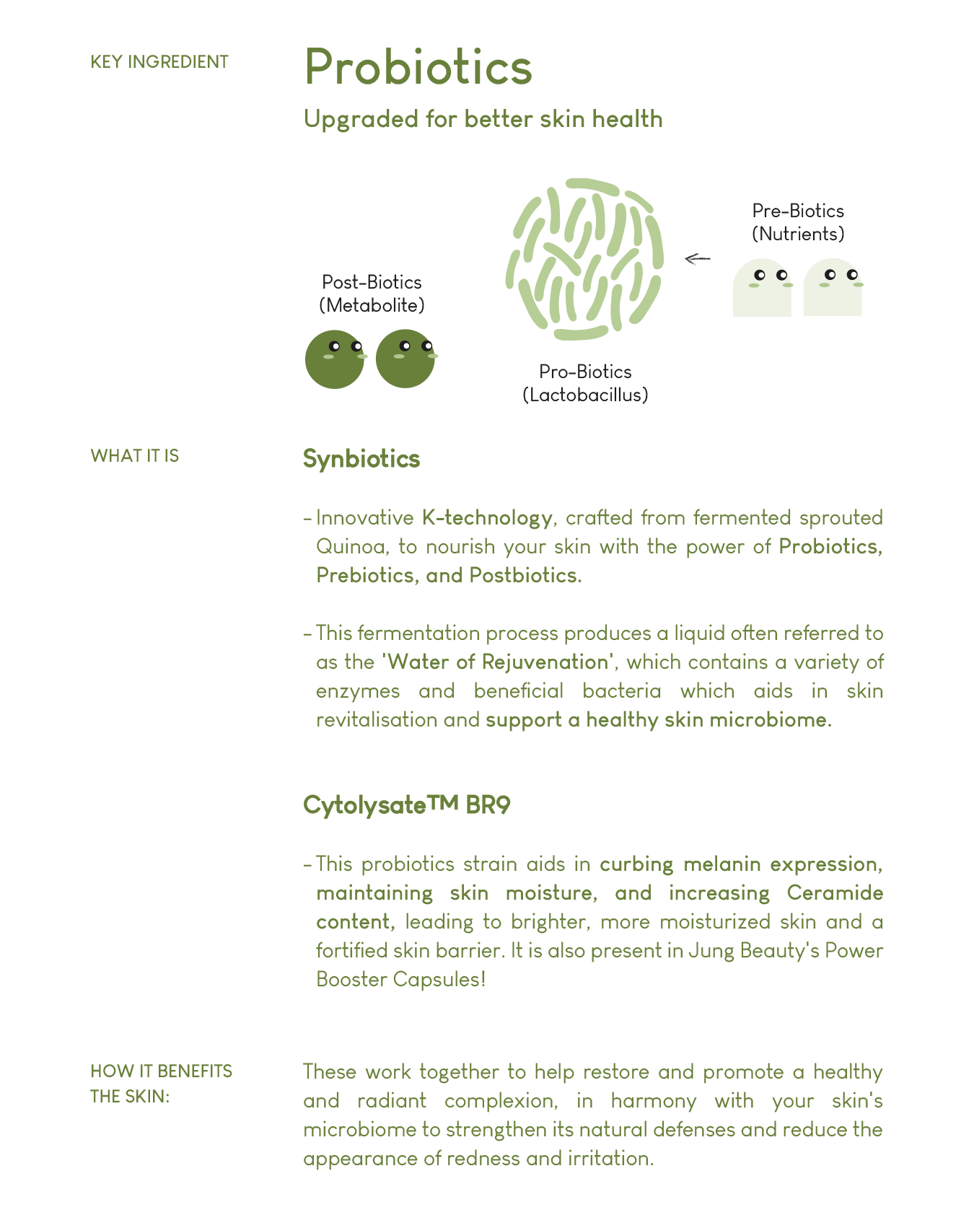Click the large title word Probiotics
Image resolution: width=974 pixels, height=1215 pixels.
click(x=418, y=67)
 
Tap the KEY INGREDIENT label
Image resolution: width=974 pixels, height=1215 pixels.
click(x=159, y=62)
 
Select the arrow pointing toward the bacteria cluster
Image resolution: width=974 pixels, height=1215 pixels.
click(x=697, y=258)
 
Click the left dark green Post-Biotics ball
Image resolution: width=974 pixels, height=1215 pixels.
click(x=335, y=359)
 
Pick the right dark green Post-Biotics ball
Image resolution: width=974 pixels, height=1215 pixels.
click(x=405, y=359)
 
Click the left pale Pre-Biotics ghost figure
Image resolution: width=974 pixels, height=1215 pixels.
click(x=762, y=288)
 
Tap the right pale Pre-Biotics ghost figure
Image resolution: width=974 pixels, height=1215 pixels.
click(x=833, y=288)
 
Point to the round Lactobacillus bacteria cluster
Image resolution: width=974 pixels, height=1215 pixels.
click(x=584, y=258)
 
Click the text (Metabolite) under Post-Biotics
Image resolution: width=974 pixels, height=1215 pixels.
click(x=372, y=305)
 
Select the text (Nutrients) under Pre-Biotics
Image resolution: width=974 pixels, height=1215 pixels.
click(x=798, y=234)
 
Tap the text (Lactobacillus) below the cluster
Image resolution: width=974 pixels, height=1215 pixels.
click(x=585, y=395)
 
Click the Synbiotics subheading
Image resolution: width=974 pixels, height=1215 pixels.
click(x=361, y=459)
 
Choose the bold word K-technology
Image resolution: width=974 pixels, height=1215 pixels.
click(x=487, y=517)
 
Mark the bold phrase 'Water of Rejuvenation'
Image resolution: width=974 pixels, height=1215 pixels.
click(x=498, y=662)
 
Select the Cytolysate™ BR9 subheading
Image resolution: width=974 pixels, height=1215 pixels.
click(x=406, y=804)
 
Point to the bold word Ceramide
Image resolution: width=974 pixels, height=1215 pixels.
click(x=835, y=892)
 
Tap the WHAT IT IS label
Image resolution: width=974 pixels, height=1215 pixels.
click(x=135, y=456)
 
